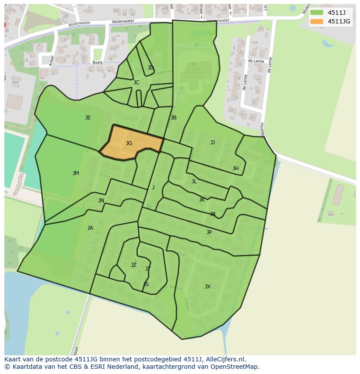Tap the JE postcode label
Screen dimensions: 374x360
(x=88, y=118)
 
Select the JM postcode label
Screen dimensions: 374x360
(x=76, y=173)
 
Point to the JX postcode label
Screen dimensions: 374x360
(x=207, y=287)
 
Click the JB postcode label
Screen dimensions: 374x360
(x=173, y=118)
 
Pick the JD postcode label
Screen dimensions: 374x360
(x=150, y=68)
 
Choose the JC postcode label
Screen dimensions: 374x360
(x=136, y=83)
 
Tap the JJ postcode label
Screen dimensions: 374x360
(x=213, y=142)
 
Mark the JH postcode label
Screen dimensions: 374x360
(x=235, y=169)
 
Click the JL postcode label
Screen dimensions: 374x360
(x=194, y=182)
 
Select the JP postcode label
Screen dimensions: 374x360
(x=209, y=232)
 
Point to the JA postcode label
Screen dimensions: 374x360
(x=90, y=228)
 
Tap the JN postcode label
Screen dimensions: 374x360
(x=101, y=201)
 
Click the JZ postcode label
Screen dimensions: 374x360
(x=133, y=265)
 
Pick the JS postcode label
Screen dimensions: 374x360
(x=146, y=285)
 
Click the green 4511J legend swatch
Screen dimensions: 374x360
(x=317, y=13)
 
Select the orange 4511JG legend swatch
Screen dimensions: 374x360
(x=317, y=21)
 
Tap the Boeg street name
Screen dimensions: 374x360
(x=97, y=63)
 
